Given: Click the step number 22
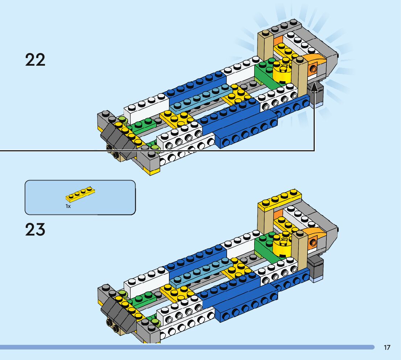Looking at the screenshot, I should click(35, 60).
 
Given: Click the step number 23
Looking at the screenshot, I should click(35, 230).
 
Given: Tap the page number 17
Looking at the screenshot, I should click(387, 348).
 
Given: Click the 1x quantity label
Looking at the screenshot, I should click(68, 206).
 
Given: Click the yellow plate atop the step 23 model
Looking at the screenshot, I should click(280, 201).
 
